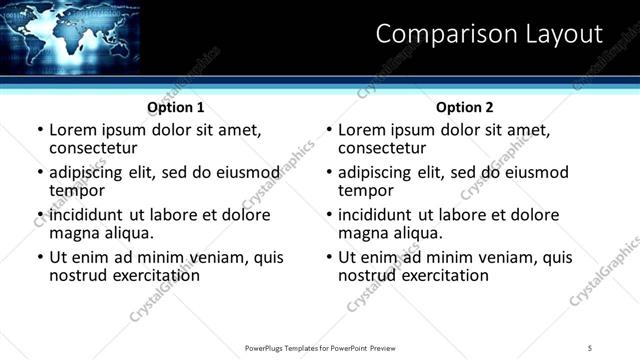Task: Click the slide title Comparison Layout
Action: pyautogui.click(x=489, y=35)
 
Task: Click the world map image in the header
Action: pyautogui.click(x=64, y=35)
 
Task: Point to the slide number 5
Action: pyautogui.click(x=590, y=348)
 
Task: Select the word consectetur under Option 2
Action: pyautogui.click(x=385, y=148)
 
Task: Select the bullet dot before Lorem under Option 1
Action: pyautogui.click(x=40, y=131)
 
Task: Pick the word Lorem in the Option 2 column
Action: pyautogui.click(x=361, y=130)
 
